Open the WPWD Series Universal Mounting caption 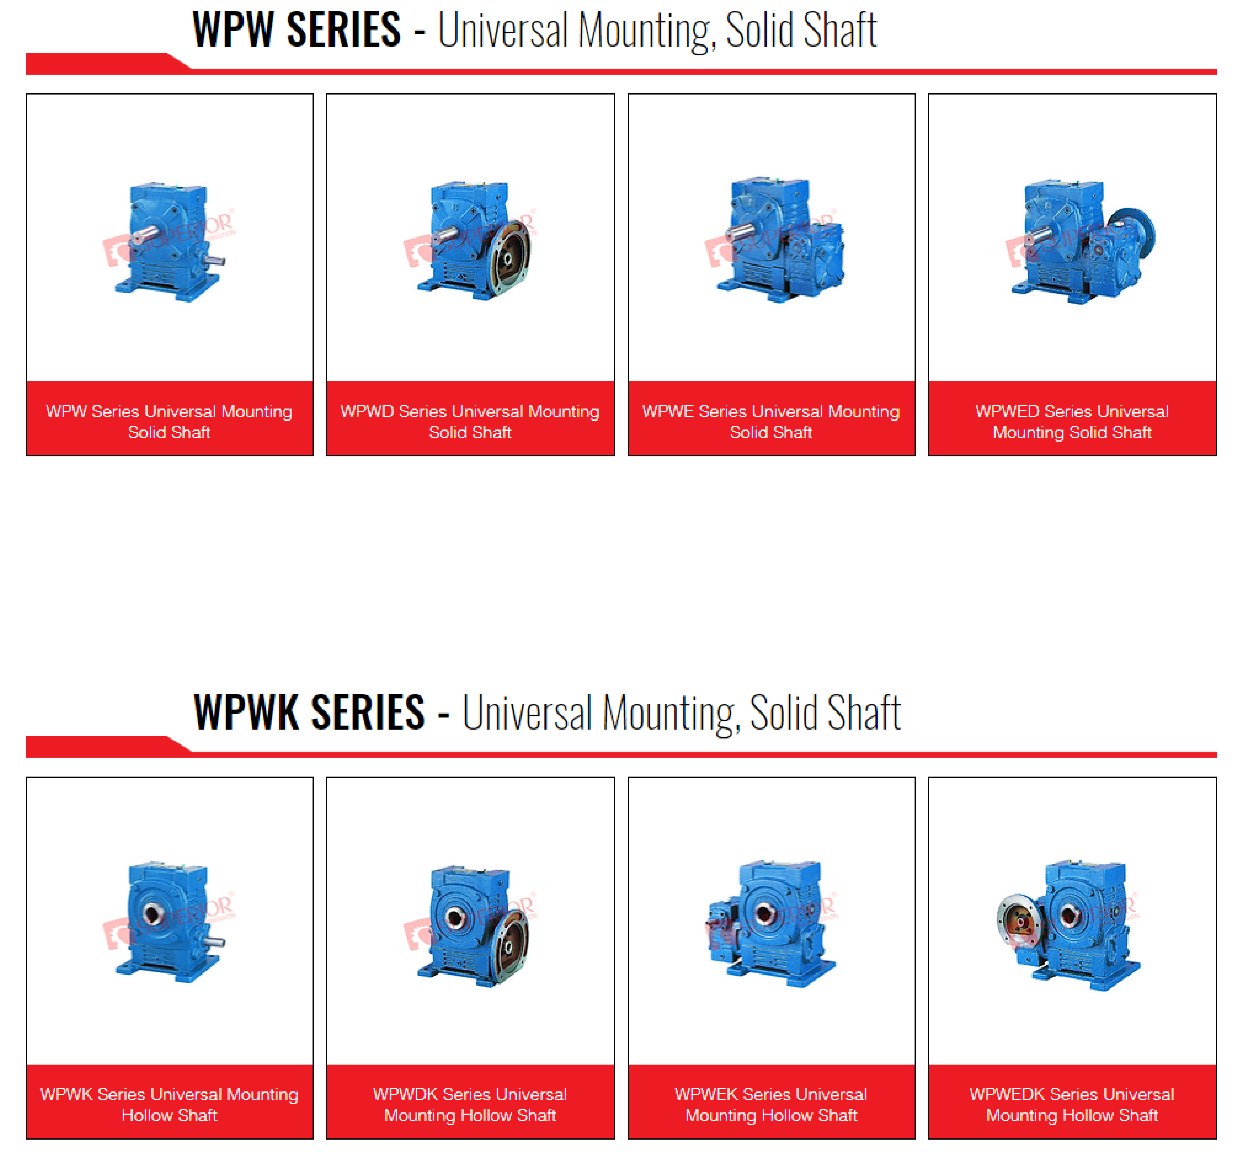click(470, 422)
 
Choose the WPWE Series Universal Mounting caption click(771, 422)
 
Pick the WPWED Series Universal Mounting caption click(1072, 422)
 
